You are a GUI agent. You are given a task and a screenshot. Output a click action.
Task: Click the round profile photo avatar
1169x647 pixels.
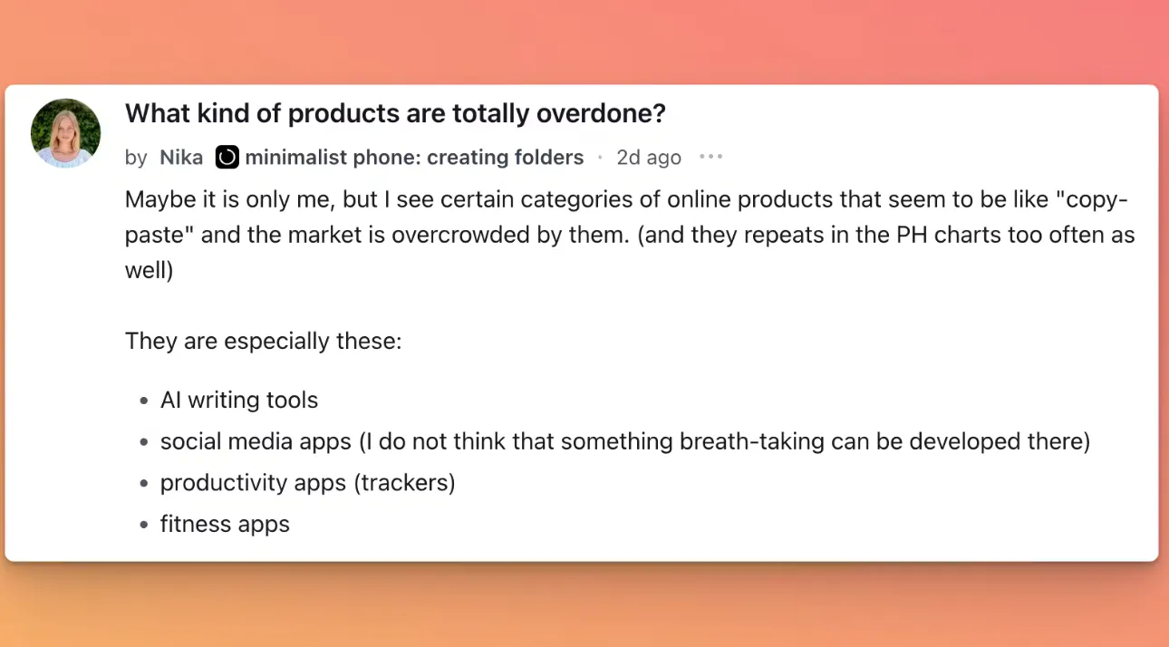(x=66, y=133)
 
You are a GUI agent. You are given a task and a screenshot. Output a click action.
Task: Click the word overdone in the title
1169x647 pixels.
(x=601, y=113)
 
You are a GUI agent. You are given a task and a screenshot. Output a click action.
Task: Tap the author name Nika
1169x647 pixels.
(x=181, y=157)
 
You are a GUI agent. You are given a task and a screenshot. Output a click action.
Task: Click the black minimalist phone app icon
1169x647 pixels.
(x=227, y=157)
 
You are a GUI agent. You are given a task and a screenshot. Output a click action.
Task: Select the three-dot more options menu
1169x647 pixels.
(x=710, y=157)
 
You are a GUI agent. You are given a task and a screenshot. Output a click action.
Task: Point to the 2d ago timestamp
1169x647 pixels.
(x=649, y=157)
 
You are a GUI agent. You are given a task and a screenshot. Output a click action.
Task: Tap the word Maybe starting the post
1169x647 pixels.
(x=160, y=199)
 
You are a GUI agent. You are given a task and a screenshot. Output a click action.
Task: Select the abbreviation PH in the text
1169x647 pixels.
(x=912, y=235)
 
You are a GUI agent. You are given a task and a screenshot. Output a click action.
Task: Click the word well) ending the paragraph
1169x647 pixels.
(x=150, y=270)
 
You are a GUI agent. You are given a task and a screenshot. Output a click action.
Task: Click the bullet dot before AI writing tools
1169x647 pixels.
(x=144, y=401)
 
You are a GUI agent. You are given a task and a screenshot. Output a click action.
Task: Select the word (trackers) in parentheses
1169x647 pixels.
(x=404, y=483)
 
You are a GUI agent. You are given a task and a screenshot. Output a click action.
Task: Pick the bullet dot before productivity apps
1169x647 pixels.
(x=144, y=483)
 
